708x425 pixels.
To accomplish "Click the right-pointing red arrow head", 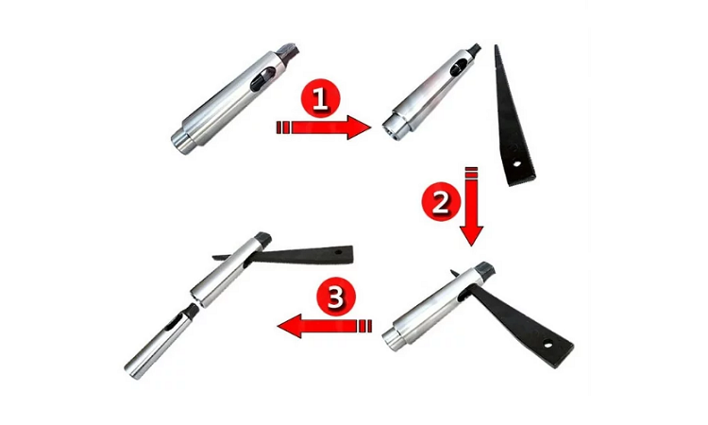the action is click(x=359, y=127).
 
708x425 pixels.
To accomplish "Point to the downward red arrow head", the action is click(x=472, y=236).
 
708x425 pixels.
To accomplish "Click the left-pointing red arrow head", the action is click(x=290, y=326).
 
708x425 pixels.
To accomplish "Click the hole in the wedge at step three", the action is click(x=548, y=345).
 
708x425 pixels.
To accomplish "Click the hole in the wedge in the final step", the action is click(x=337, y=251).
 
